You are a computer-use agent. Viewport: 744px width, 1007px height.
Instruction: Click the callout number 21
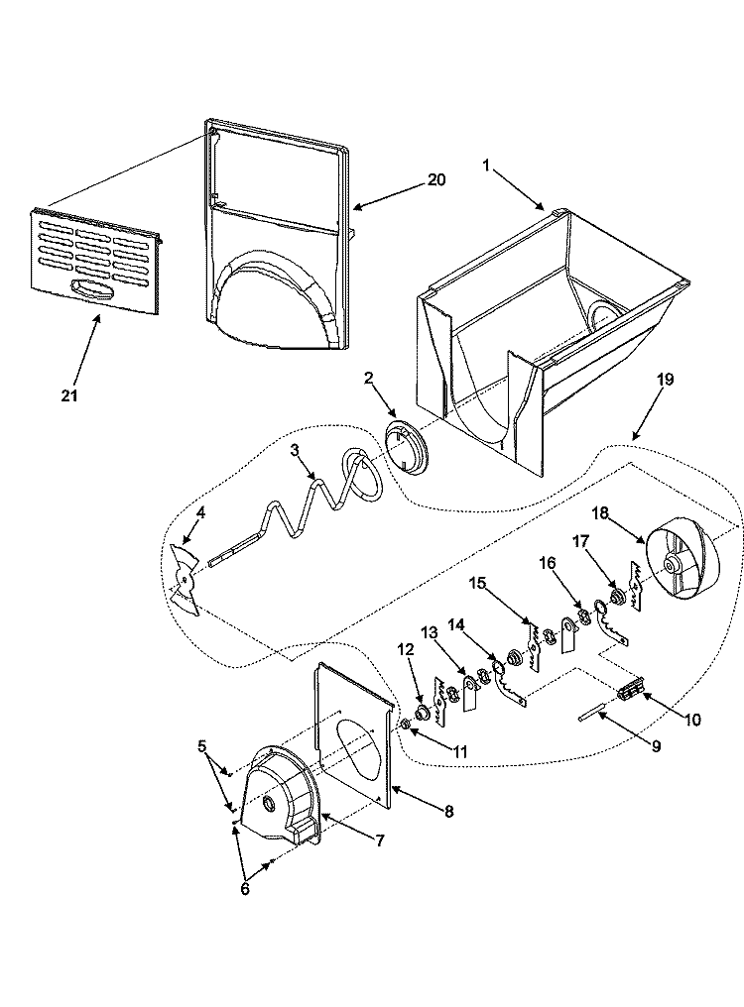tap(68, 395)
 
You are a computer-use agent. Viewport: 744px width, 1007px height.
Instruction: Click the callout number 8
tap(448, 811)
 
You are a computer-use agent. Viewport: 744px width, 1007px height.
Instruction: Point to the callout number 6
tap(246, 888)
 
